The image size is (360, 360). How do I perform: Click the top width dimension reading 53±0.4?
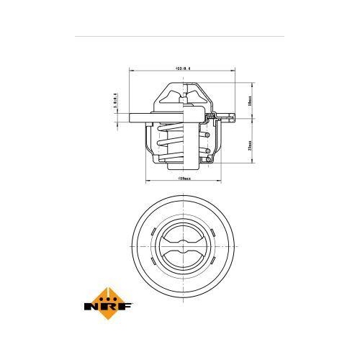pos(185,69)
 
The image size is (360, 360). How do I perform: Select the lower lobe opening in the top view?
pos(184,258)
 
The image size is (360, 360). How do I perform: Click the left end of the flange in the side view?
pos(132,118)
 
